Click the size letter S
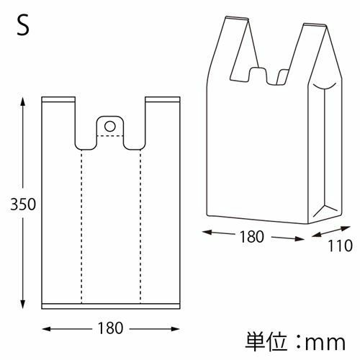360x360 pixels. click(23, 24)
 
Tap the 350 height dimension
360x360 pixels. click(23, 204)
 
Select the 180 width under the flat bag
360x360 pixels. click(110, 328)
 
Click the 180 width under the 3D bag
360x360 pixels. click(252, 237)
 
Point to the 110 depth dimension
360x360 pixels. click(340, 246)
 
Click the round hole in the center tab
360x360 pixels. click(110, 126)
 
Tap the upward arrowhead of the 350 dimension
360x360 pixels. click(23, 102)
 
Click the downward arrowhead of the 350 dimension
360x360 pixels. click(23, 304)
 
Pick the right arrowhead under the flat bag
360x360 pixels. click(175, 328)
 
